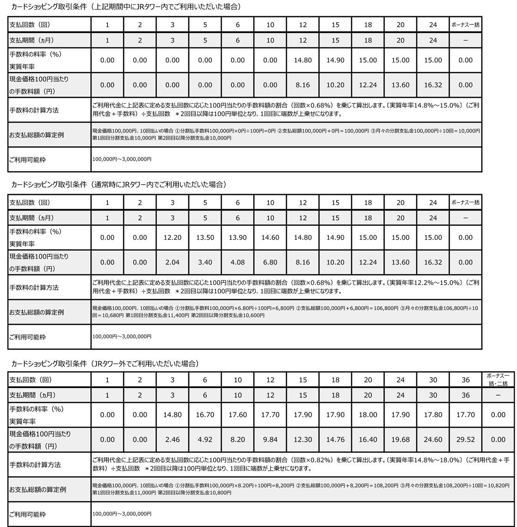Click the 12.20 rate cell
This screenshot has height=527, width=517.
tap(172, 237)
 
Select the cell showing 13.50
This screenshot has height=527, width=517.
tap(205, 237)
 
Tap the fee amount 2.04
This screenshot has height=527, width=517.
tap(172, 262)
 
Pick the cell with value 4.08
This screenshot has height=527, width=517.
tap(238, 262)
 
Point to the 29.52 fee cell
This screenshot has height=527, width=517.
tap(465, 440)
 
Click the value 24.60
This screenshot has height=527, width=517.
tap(433, 440)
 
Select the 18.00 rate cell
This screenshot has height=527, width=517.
tap(368, 415)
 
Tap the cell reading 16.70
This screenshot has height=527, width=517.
tap(205, 415)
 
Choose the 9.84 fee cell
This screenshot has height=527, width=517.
tap(270, 440)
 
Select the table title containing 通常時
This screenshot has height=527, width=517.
tap(119, 185)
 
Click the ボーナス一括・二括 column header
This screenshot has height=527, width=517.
tap(498, 380)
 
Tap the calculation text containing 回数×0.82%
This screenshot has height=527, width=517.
tap(300, 464)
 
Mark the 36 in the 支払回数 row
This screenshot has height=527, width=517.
tap(465, 380)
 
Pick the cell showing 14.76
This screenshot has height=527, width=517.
tap(335, 440)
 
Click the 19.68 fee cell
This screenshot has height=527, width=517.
tap(400, 440)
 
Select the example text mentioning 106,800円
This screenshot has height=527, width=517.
tap(286, 311)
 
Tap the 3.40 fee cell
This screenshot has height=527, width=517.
tap(205, 262)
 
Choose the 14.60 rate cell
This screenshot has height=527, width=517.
tap(270, 237)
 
